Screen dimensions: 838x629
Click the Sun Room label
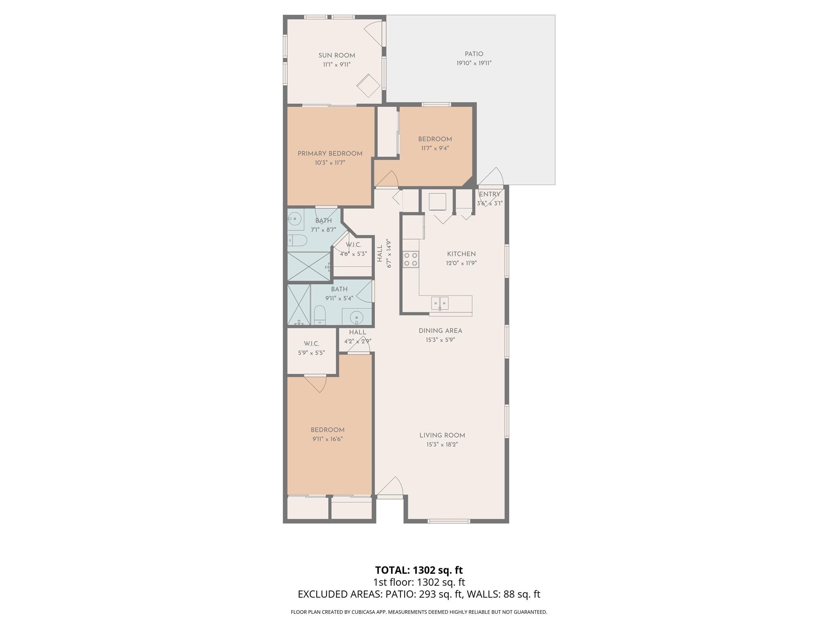[337, 56]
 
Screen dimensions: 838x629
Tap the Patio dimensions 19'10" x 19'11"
[474, 63]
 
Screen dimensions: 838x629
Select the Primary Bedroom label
[330, 154]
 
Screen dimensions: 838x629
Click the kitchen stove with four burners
[411, 259]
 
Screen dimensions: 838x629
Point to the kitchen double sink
[440, 303]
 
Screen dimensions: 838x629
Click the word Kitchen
[461, 254]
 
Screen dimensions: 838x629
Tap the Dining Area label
[440, 330]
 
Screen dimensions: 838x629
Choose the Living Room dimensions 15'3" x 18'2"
[442, 444]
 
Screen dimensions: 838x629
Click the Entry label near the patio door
[489, 195]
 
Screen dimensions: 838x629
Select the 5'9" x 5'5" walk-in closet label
[311, 348]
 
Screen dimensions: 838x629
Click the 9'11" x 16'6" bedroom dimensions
[327, 439]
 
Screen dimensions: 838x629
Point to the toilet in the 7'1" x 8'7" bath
[297, 240]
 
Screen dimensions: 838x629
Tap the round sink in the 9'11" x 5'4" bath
[357, 317]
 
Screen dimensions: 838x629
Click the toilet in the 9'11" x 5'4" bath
[320, 315]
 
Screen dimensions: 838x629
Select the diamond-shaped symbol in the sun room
[369, 86]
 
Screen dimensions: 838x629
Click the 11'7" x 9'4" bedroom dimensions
[435, 148]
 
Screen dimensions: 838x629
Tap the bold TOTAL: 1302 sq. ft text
[419, 570]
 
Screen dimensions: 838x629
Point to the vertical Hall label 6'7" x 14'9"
[384, 254]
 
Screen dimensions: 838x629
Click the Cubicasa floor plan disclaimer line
[419, 612]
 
